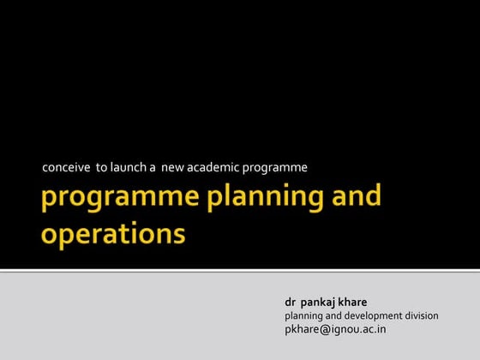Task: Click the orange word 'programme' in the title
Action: point(119,198)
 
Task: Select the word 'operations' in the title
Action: point(113,233)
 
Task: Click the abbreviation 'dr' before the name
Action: point(291,303)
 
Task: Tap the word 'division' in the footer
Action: point(420,315)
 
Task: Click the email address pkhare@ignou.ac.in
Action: point(335,329)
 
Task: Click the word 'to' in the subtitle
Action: point(100,167)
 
